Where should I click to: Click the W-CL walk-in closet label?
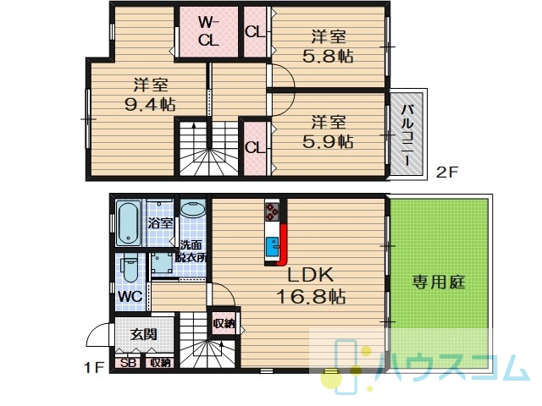208,32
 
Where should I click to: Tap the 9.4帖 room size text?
150,104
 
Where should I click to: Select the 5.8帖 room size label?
328,56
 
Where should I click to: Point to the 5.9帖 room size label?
328,141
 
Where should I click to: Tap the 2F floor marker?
446,172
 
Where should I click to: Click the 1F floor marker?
94,368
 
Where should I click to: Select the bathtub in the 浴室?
128,223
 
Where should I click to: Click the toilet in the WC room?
130,268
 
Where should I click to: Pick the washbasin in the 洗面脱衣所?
193,209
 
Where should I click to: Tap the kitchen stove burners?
272,211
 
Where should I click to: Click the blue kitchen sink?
272,247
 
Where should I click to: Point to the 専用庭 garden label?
439,282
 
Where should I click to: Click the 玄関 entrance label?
143,334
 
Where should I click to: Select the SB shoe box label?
128,363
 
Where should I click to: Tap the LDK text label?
311,275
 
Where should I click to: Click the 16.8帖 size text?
311,296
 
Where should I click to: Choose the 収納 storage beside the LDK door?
224,323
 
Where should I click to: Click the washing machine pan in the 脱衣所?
162,263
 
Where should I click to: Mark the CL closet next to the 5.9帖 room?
255,148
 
